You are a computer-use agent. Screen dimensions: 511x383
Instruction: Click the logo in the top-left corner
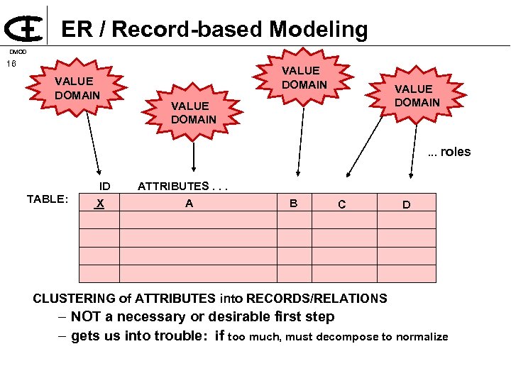tap(23, 27)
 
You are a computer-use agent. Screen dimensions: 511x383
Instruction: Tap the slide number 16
tap(11, 65)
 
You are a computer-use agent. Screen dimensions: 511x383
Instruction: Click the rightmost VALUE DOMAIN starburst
tap(417, 96)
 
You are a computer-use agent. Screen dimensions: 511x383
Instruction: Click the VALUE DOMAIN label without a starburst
tap(193, 113)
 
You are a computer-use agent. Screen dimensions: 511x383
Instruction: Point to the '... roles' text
tap(449, 152)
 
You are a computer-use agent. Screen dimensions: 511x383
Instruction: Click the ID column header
tap(104, 187)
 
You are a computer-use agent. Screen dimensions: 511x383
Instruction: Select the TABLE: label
tap(48, 199)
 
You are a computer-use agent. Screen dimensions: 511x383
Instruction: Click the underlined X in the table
tap(101, 204)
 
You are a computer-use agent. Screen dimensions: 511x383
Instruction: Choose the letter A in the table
tap(189, 204)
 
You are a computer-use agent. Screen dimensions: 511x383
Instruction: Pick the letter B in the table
tap(293, 204)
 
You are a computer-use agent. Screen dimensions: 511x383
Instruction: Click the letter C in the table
tap(342, 205)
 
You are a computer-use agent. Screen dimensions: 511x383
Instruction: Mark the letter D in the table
tap(406, 205)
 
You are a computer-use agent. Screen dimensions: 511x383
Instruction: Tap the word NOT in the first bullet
tap(85, 317)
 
